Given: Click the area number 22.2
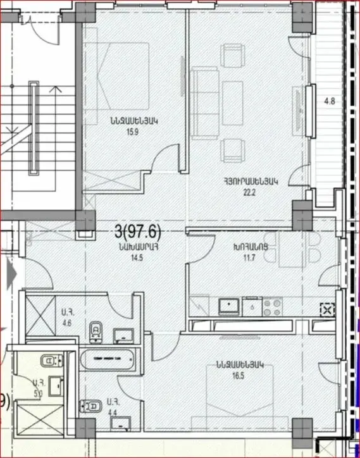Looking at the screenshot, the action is (x=250, y=192).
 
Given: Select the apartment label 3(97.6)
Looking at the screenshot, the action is (x=138, y=233).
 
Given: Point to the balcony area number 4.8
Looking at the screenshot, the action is (x=330, y=102).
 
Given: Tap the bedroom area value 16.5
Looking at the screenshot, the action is (x=239, y=375).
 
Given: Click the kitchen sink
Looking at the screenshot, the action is (x=229, y=307).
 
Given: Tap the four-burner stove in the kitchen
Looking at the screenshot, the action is (x=272, y=307).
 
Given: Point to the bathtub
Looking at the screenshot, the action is (x=108, y=359).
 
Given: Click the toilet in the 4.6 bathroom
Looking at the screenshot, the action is (x=96, y=332).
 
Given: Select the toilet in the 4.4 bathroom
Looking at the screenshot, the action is (x=90, y=405).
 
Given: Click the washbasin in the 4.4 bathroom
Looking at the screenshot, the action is (x=121, y=424).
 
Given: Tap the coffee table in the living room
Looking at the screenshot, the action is (x=232, y=103).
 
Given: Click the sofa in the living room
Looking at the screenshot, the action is (x=204, y=103).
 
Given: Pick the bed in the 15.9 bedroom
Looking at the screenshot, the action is (x=116, y=77).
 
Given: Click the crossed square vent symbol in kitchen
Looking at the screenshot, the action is (x=327, y=310).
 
